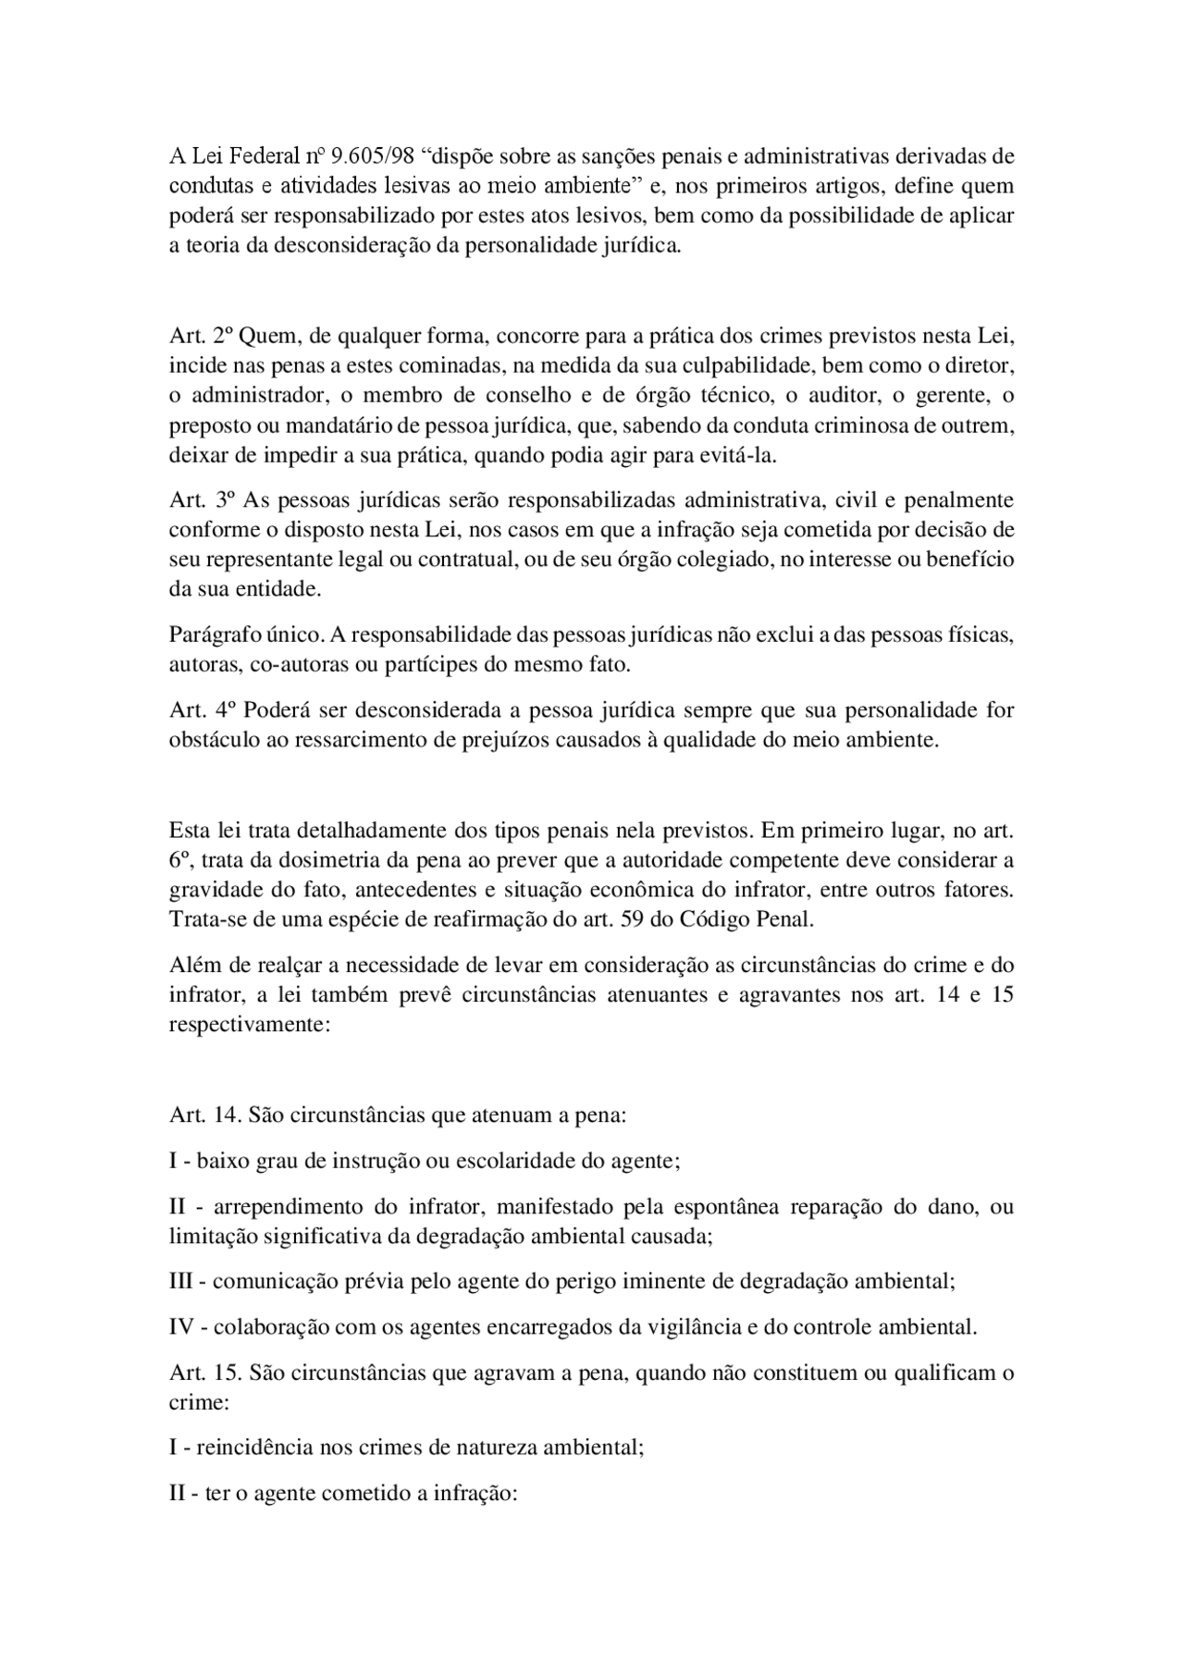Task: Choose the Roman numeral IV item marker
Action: tap(181, 1326)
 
